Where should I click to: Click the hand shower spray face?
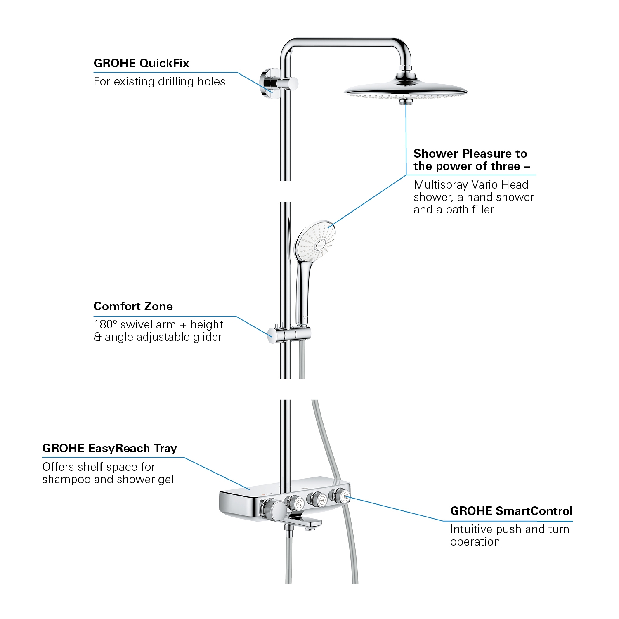coord(316,241)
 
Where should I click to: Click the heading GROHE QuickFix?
coord(141,63)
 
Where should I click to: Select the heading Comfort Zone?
coord(133,306)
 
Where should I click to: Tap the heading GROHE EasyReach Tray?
coord(109,448)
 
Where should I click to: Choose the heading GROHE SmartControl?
coord(511,511)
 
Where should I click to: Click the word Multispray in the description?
coord(440,184)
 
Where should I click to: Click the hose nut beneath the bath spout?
coord(290,534)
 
